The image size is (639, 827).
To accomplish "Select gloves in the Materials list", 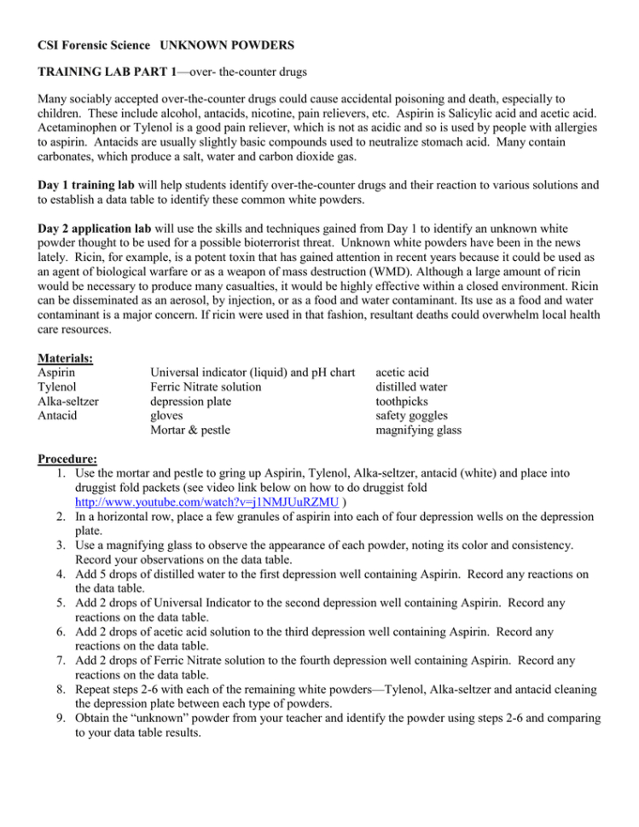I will pos(168,415).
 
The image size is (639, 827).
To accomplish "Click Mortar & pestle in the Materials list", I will pos(190,430).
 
